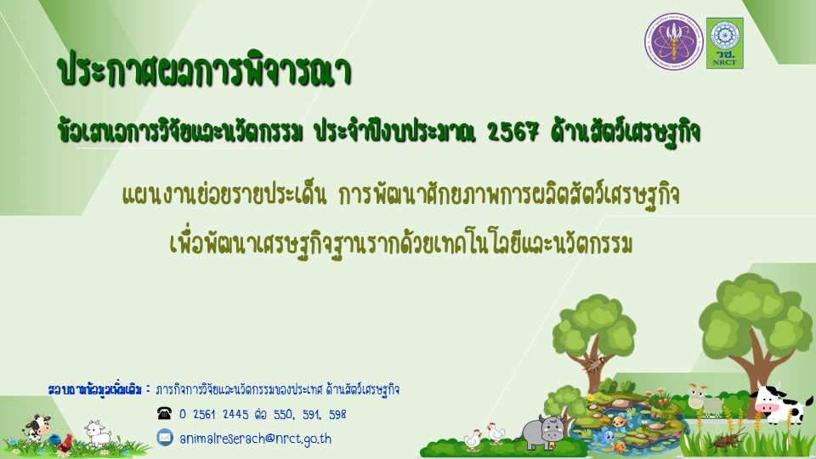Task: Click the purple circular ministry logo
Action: click(x=673, y=42)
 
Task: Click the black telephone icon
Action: click(x=164, y=414)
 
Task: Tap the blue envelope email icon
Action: click(x=164, y=437)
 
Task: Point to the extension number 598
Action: click(x=337, y=415)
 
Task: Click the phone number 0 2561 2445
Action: click(x=214, y=415)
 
